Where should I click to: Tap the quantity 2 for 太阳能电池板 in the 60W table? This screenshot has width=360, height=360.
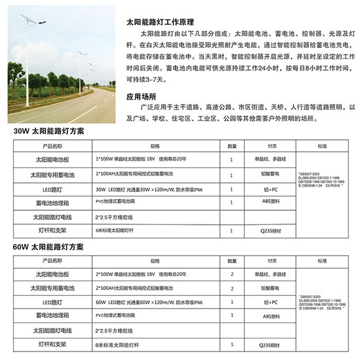[x=232, y=274]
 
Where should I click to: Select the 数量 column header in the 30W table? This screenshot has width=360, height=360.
[x=232, y=146]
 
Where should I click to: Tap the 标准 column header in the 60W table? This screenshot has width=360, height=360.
[x=323, y=262]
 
